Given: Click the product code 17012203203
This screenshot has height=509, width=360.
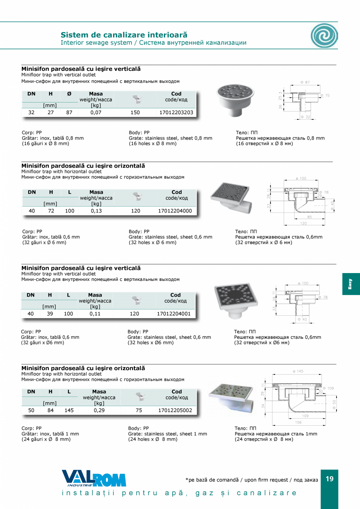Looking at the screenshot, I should pyautogui.click(x=176, y=112).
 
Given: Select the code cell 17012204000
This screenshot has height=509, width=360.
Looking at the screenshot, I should pyautogui.click(x=175, y=210).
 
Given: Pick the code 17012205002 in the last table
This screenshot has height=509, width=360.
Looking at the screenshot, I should pyautogui.click(x=175, y=410).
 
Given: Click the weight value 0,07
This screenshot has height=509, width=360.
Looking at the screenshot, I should pyautogui.click(x=96, y=112).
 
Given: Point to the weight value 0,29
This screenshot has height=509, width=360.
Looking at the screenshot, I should pyautogui.click(x=99, y=410).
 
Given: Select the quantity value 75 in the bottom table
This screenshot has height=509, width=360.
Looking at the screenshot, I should pyautogui.click(x=139, y=410).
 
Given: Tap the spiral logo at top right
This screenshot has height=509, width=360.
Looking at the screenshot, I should pyautogui.click(x=324, y=35).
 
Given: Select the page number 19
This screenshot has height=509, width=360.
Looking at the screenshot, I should pyautogui.click(x=329, y=479).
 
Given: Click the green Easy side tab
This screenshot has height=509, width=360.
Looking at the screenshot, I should pyautogui.click(x=351, y=284).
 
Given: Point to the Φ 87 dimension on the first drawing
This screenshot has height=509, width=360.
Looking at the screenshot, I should pyautogui.click(x=305, y=82).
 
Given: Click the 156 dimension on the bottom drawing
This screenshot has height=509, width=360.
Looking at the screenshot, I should pyautogui.click(x=298, y=423).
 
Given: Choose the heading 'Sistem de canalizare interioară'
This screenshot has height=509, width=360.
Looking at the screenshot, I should pyautogui.click(x=124, y=35).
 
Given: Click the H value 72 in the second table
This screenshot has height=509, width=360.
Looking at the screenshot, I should pyautogui.click(x=51, y=210).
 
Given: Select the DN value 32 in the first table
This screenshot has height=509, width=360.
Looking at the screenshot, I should pyautogui.click(x=31, y=112).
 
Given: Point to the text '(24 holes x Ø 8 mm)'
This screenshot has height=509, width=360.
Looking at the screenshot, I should pyautogui.click(x=153, y=439).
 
